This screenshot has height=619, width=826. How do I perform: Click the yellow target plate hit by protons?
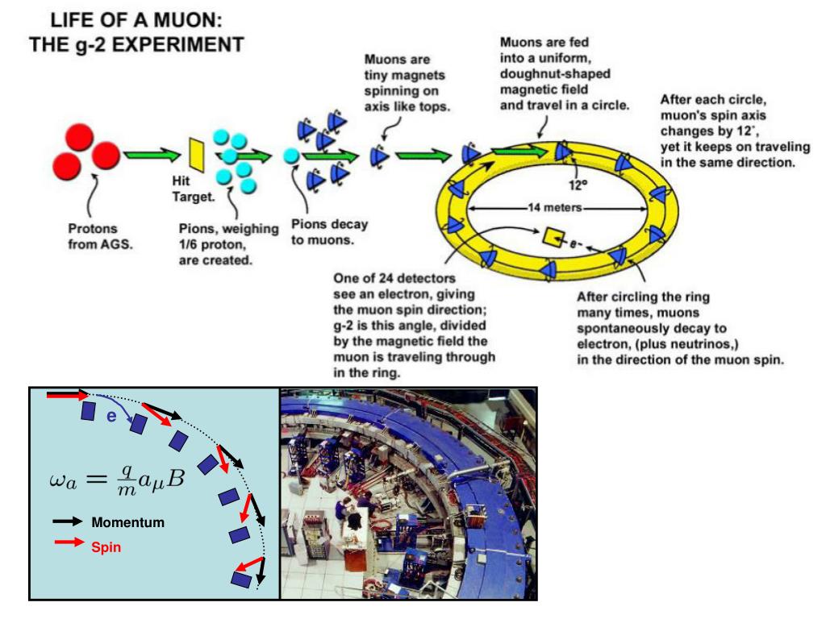click(x=194, y=153)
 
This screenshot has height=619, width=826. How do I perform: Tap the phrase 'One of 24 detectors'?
click(x=393, y=279)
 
